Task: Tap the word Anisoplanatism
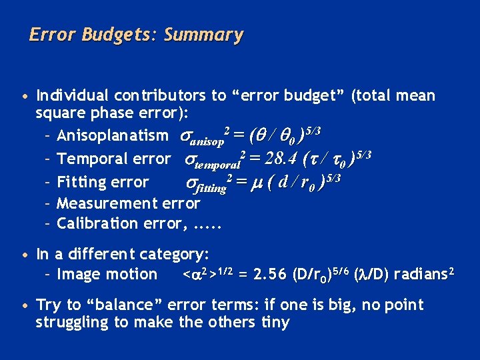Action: (113, 136)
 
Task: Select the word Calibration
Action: (94, 223)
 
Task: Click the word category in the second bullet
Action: (177, 254)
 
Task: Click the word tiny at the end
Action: (275, 323)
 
